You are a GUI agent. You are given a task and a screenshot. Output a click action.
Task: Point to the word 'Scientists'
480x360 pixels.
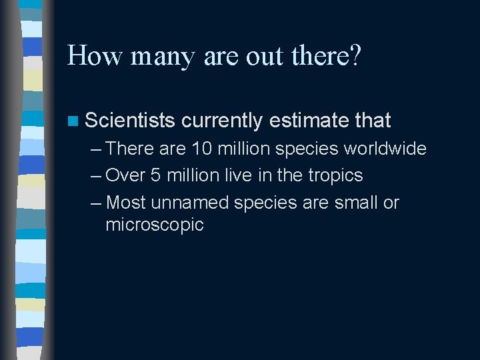pos(130,121)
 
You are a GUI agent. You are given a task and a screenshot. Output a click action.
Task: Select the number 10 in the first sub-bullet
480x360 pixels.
pos(202,149)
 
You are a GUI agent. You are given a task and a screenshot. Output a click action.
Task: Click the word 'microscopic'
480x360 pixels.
pos(155,225)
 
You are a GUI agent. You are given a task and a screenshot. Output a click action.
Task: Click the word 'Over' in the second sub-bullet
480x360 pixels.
pos(125,175)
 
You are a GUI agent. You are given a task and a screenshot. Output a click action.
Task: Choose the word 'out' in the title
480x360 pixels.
pos(264,57)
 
